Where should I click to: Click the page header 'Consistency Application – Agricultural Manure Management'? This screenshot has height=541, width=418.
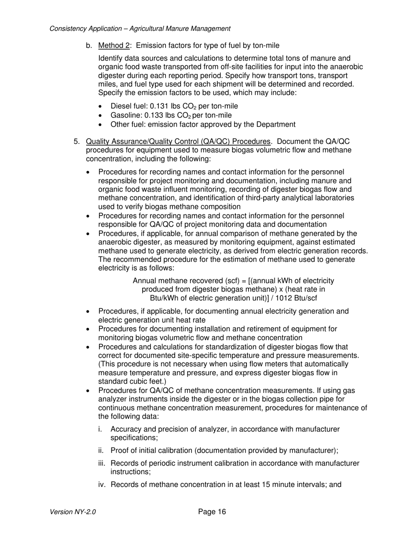[x=140, y=29]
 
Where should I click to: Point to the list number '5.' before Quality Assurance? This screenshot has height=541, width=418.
[x=77, y=142]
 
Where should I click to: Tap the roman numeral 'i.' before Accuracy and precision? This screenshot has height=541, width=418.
[x=102, y=429]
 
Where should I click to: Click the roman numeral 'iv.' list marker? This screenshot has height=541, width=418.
[x=102, y=485]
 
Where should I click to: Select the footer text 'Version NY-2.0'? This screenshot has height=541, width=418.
[x=73, y=512]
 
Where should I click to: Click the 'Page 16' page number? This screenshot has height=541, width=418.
[x=212, y=512]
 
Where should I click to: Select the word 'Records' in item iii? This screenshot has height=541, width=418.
[x=125, y=463]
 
